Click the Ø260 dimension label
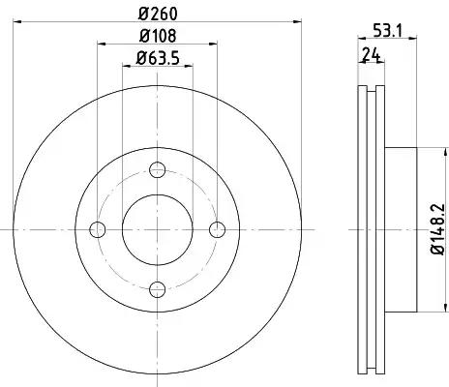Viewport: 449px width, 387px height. (x=158, y=14)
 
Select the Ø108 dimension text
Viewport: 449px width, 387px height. (x=158, y=36)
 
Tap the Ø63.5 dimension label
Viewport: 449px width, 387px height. (x=158, y=58)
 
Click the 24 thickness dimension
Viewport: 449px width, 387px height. (x=372, y=54)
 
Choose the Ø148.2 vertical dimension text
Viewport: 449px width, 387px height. (x=439, y=228)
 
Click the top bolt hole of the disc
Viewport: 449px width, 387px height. (x=158, y=169)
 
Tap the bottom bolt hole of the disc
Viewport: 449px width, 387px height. (x=158, y=289)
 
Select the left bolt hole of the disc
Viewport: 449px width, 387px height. (x=98, y=229)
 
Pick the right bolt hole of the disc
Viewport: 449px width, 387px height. (x=217, y=229)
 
